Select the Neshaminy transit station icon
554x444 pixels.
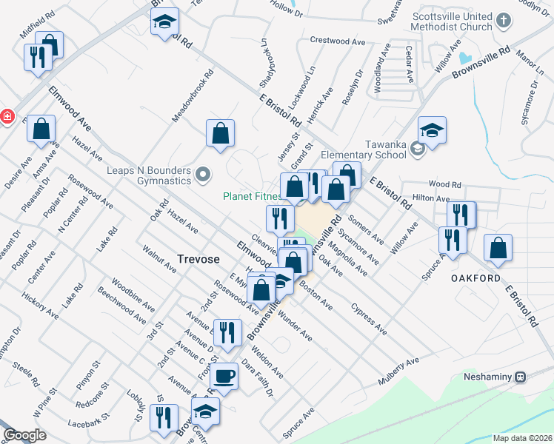click(x=521, y=377)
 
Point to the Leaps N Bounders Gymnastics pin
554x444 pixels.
click(x=204, y=175)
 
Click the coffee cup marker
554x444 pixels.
click(x=224, y=376)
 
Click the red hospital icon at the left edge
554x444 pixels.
click(x=7, y=116)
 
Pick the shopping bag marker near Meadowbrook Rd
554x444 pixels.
click(x=220, y=134)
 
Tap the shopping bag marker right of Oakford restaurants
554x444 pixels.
click(x=498, y=249)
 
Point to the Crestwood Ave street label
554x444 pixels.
click(x=338, y=41)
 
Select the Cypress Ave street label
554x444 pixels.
click(x=369, y=317)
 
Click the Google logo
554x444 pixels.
click(x=24, y=435)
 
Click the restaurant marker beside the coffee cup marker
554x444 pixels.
click(x=227, y=332)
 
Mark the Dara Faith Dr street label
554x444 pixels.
click(x=259, y=380)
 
